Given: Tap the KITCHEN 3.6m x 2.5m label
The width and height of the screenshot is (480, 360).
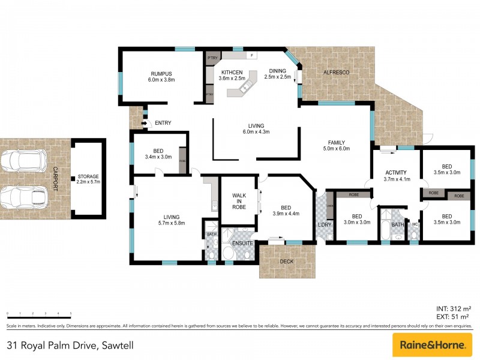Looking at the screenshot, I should tap(232, 74).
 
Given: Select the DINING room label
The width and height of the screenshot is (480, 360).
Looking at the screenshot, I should tap(277, 73).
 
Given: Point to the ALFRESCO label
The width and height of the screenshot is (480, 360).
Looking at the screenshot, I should tap(336, 72).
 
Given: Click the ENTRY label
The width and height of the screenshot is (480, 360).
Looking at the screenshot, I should tap(163, 123).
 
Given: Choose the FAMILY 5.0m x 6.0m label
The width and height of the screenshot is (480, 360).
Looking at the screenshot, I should tap(336, 145).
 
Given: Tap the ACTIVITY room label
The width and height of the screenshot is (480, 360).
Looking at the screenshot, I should tap(396, 175).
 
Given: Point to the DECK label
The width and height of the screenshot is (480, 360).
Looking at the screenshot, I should tap(287, 262).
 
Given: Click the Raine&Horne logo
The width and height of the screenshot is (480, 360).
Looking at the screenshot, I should tap(431, 345).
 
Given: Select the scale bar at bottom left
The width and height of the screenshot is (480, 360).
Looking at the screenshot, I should tap(39, 314).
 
